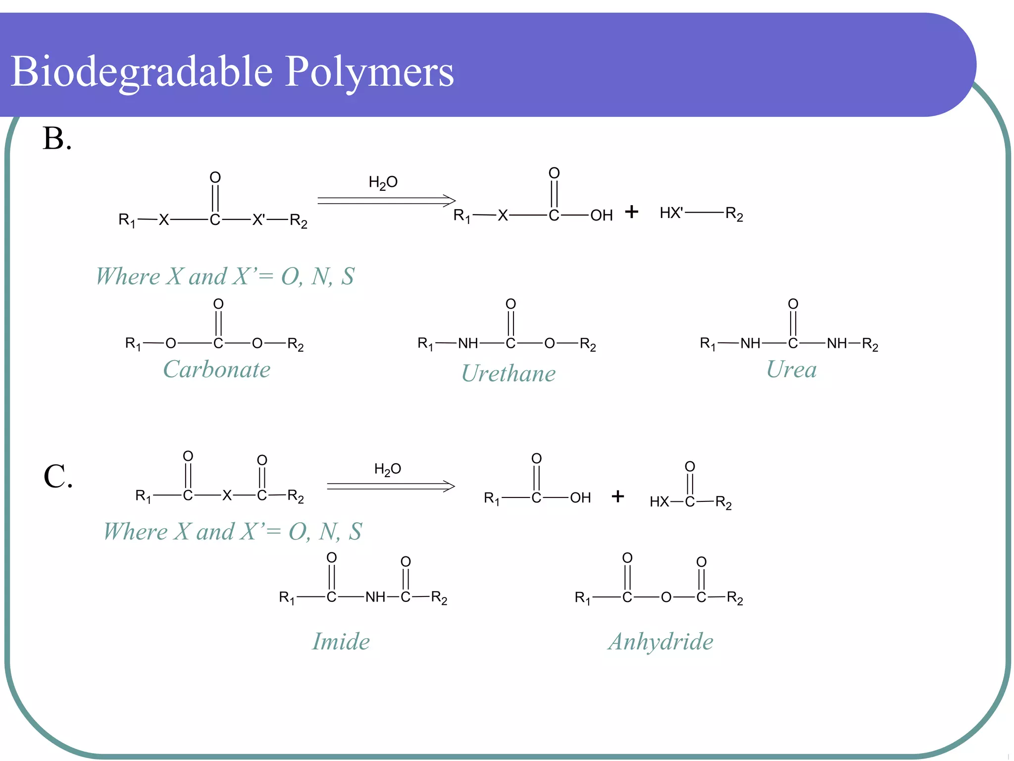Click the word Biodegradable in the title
(x=141, y=72)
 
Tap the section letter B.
(x=57, y=138)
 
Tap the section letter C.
(x=58, y=477)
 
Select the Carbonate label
(x=217, y=370)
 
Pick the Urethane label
(x=508, y=374)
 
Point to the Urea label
(x=791, y=370)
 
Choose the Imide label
(x=341, y=642)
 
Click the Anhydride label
(x=660, y=642)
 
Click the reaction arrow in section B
(x=386, y=200)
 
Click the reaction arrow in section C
(x=391, y=486)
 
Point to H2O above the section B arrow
(x=383, y=183)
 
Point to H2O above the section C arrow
(x=387, y=469)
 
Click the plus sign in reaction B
(x=631, y=212)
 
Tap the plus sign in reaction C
(x=617, y=496)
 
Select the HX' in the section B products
(x=671, y=213)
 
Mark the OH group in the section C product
(x=580, y=498)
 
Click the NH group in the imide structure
(x=375, y=597)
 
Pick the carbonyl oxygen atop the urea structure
(x=793, y=304)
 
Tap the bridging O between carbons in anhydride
(x=666, y=598)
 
